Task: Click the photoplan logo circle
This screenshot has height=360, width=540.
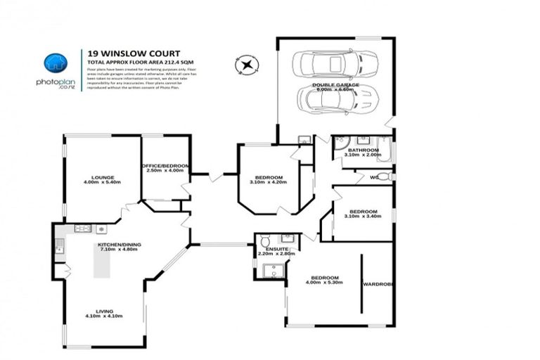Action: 55,63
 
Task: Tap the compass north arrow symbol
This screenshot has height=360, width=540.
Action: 246,66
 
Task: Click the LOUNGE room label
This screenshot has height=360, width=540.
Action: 103,177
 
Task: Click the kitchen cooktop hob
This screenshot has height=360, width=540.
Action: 83,229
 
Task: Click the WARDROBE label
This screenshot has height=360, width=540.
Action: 377,285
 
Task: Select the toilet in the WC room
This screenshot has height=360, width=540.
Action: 386,176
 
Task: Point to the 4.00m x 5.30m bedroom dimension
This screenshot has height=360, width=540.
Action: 325,283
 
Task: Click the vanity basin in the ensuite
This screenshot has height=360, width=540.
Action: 287,238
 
